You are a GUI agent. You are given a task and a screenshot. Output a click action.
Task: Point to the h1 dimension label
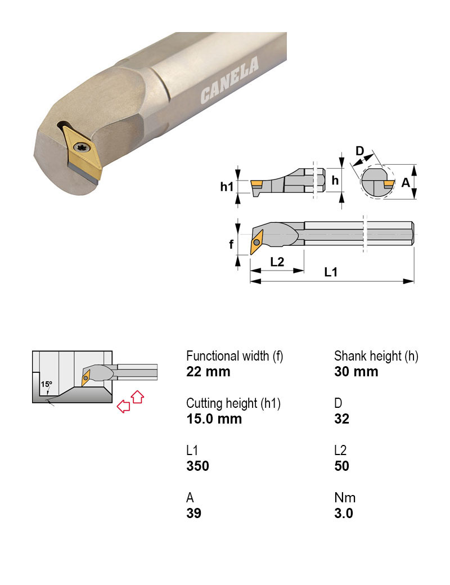227,186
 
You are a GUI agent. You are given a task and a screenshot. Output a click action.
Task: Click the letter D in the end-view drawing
361,151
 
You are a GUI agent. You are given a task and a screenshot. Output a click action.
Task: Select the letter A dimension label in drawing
405,182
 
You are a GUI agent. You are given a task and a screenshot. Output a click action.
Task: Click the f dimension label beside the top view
231,245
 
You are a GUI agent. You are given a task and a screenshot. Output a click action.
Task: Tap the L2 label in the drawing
277,262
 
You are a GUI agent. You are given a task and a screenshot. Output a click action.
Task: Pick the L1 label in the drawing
331,272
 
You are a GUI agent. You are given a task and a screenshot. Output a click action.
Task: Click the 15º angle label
46,384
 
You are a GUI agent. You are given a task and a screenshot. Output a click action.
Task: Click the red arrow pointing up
137,397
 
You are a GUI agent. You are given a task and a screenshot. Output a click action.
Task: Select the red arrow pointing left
123,406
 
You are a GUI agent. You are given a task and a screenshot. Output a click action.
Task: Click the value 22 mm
208,372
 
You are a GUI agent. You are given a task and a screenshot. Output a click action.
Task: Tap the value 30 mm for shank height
356,372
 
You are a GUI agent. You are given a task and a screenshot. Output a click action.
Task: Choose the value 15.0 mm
214,418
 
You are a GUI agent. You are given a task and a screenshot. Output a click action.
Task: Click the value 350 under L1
197,466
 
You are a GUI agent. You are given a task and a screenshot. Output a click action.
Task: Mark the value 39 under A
193,513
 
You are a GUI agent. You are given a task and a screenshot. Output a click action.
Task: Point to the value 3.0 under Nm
343,513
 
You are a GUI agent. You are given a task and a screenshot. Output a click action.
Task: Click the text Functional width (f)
235,356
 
